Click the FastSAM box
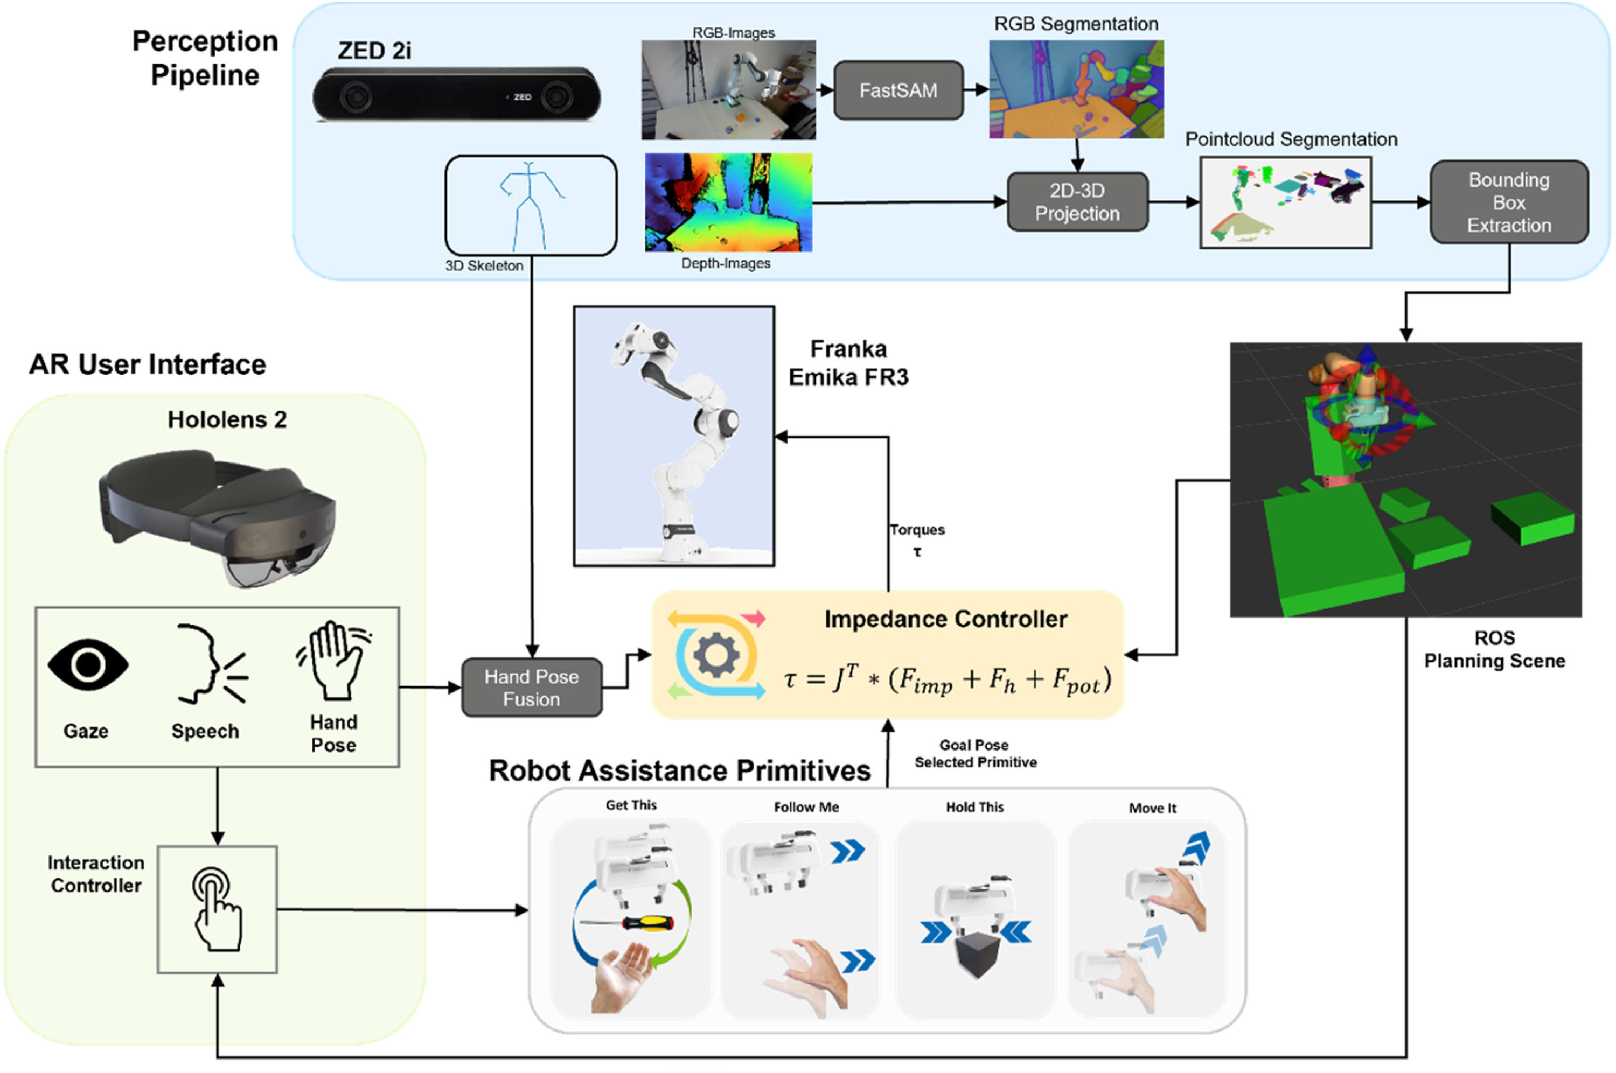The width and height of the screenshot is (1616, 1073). pyautogui.click(x=898, y=90)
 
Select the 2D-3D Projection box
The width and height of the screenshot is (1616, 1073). pyautogui.click(x=1077, y=202)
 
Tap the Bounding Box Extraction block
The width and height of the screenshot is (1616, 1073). pyautogui.click(x=1509, y=202)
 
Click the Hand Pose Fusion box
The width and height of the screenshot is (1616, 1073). pyautogui.click(x=532, y=688)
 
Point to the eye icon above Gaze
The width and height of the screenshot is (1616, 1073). pyautogui.click(x=88, y=664)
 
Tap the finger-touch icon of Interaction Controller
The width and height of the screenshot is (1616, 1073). pyautogui.click(x=217, y=909)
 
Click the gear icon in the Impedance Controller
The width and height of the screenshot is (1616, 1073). pyautogui.click(x=715, y=655)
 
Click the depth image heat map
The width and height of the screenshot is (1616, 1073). pyautogui.click(x=728, y=202)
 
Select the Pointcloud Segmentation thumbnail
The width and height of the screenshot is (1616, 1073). pyautogui.click(x=1285, y=202)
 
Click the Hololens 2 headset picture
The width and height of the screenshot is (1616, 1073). pyautogui.click(x=218, y=518)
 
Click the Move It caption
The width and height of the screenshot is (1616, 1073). pyautogui.click(x=1152, y=808)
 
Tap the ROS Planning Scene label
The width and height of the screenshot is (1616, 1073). pyautogui.click(x=1494, y=649)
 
